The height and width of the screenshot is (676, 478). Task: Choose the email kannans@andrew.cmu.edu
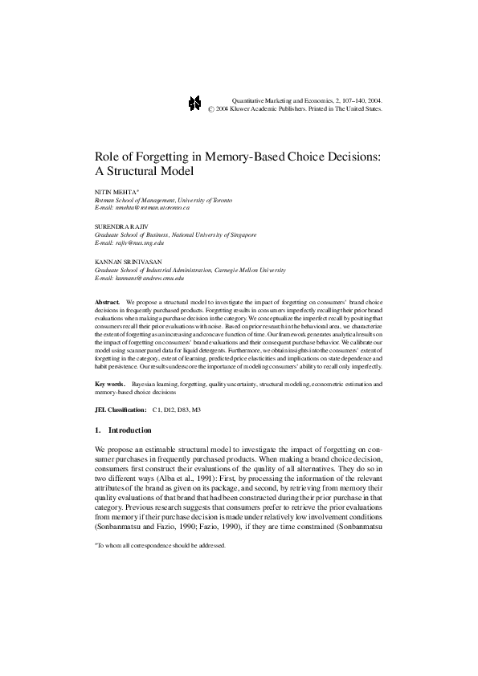click(x=149, y=277)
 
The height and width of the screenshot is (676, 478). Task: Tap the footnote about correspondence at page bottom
click(x=161, y=544)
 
